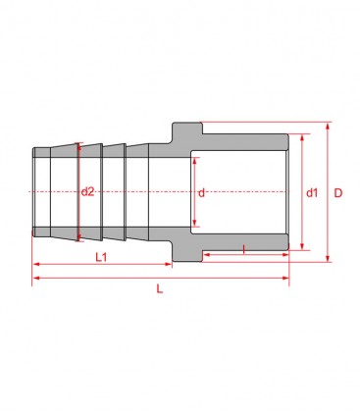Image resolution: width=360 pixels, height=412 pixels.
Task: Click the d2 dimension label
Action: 88,191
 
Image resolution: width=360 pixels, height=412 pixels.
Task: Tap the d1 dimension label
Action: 311,192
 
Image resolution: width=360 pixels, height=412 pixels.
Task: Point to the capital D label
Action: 337,192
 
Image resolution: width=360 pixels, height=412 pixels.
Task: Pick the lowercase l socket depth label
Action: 243,250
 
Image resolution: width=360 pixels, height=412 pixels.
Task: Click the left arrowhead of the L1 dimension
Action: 36,264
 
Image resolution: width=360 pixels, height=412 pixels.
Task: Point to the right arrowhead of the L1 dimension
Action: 170,264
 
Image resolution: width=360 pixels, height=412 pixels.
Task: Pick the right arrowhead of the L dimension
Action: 285,279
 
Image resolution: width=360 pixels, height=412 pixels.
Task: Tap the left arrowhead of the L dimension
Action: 36,279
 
